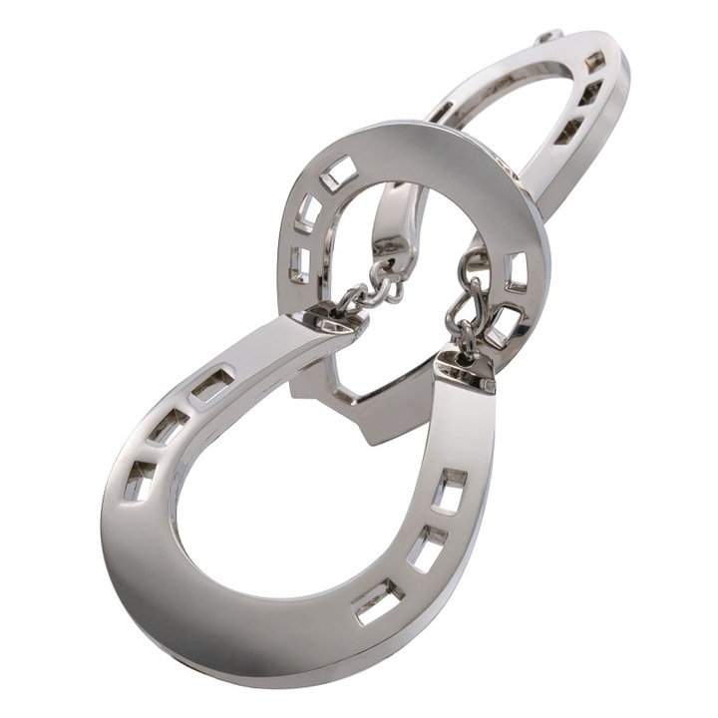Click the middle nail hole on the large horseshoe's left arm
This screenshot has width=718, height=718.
(x=171, y=427)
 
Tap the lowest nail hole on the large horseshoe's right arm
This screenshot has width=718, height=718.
(x=378, y=600)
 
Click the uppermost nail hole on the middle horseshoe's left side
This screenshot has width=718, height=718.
(x=338, y=174)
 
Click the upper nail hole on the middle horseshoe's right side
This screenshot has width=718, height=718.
(x=517, y=271)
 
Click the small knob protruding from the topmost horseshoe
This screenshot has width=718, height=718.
(x=546, y=37)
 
